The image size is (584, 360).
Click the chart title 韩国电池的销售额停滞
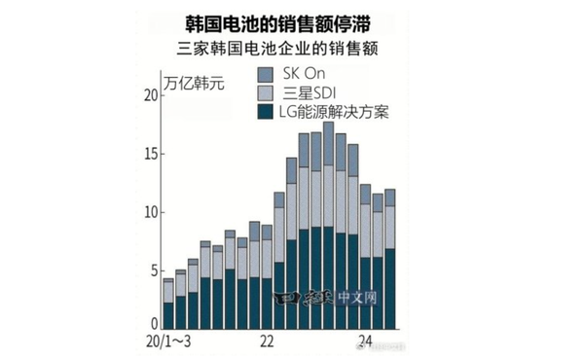click(291, 20)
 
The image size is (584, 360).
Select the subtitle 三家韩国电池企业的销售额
click(291, 49)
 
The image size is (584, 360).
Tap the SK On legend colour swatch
click(265, 74)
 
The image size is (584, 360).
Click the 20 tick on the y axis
click(149, 94)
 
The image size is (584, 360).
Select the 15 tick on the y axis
click(149, 153)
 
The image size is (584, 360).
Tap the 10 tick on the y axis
click(149, 212)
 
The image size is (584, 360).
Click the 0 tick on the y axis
click(153, 324)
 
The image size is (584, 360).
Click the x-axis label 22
click(267, 342)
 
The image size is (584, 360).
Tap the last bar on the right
click(390, 259)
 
